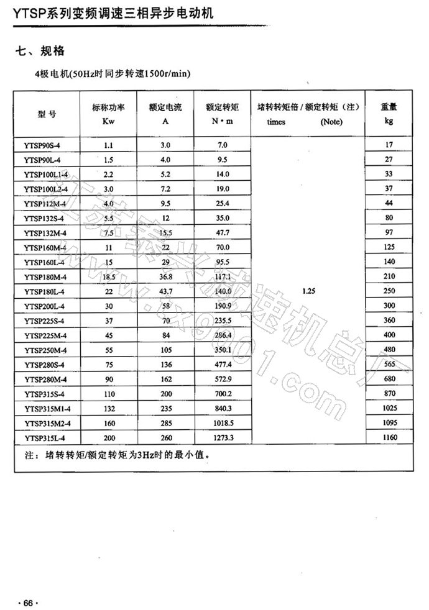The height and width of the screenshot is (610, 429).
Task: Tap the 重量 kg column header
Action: pos(389,114)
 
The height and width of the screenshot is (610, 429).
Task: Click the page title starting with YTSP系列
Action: pos(108,11)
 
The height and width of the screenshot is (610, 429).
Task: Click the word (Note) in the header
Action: pos(331,122)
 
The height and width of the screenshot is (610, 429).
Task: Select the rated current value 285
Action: pos(165,424)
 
